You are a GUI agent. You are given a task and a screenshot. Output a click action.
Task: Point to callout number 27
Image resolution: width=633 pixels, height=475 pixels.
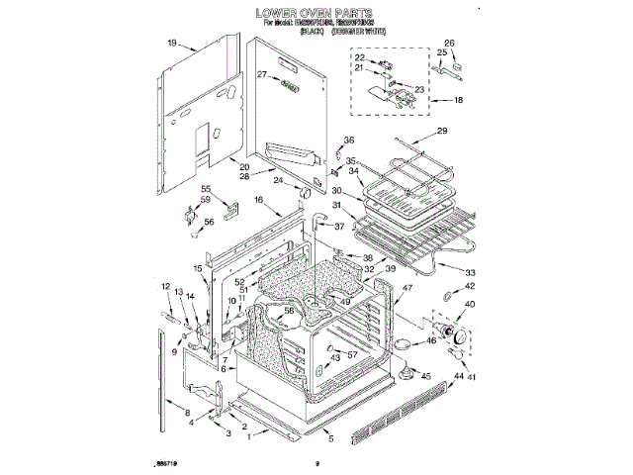[263, 75]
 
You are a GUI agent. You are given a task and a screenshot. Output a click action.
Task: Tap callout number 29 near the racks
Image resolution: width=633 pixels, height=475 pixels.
[442, 133]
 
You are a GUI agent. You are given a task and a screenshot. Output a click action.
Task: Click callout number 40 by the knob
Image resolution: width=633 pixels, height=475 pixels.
[470, 305]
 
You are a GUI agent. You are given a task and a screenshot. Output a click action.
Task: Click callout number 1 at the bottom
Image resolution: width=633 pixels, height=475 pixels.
[251, 434]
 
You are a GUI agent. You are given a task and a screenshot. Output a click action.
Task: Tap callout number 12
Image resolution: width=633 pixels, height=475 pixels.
[166, 287]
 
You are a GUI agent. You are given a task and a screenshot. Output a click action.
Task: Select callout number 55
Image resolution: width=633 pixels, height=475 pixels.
[207, 190]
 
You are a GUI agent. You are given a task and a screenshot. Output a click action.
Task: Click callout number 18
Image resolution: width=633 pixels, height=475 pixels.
[458, 102]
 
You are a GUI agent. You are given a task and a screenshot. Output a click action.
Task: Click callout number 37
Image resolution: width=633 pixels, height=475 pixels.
[339, 226]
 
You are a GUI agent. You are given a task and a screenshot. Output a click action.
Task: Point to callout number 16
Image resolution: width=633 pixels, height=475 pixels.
[259, 201]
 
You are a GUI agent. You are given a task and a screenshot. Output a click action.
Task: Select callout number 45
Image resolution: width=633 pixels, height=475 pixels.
[426, 377]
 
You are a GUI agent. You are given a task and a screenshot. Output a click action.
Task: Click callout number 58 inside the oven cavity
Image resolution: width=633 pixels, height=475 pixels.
[290, 311]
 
